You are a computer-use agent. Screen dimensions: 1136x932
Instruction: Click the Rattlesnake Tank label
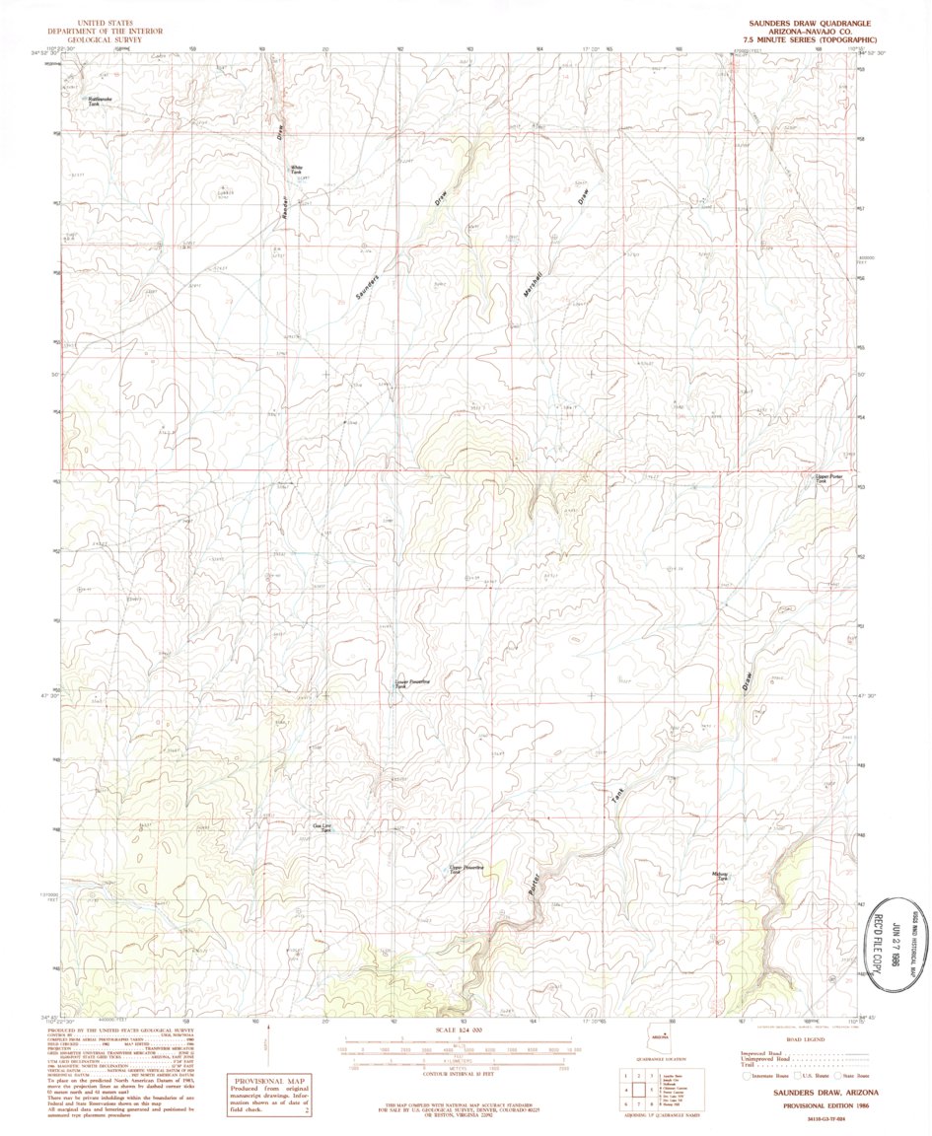(95, 101)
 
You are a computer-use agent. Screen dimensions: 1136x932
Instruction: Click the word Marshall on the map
(534, 280)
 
